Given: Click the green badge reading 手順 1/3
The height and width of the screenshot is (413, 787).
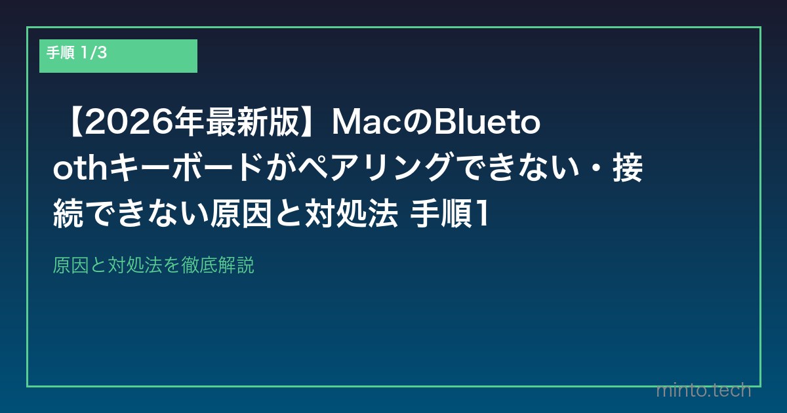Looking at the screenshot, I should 118,56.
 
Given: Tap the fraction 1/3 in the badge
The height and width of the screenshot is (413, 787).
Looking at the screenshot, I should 93,54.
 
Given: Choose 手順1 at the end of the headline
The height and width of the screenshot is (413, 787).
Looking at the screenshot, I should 450,215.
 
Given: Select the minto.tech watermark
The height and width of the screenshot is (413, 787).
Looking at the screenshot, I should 703,390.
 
